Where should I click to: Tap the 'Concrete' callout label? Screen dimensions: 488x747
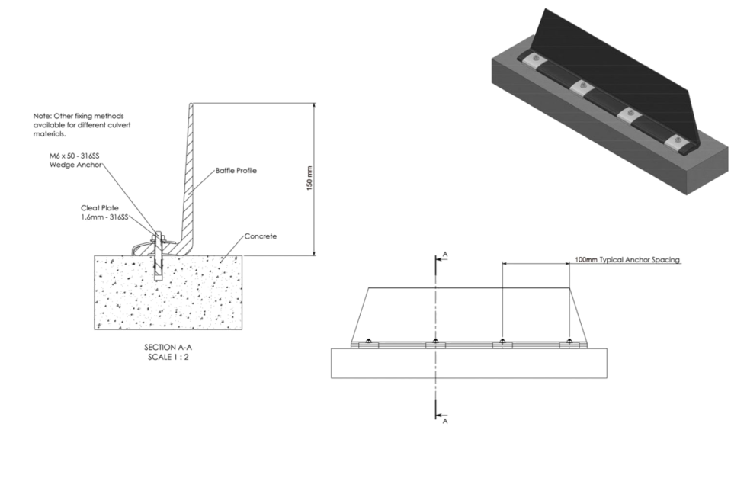click(261, 236)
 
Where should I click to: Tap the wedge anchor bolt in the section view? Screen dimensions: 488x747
click(157, 252)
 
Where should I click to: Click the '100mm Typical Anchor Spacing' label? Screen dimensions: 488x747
click(627, 260)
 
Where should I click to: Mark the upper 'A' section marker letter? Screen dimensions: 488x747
click(445, 256)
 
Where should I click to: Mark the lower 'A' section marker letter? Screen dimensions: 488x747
click(445, 420)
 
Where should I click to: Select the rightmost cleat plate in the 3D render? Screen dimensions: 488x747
click(675, 142)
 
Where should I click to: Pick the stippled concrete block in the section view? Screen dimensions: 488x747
click(168, 294)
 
